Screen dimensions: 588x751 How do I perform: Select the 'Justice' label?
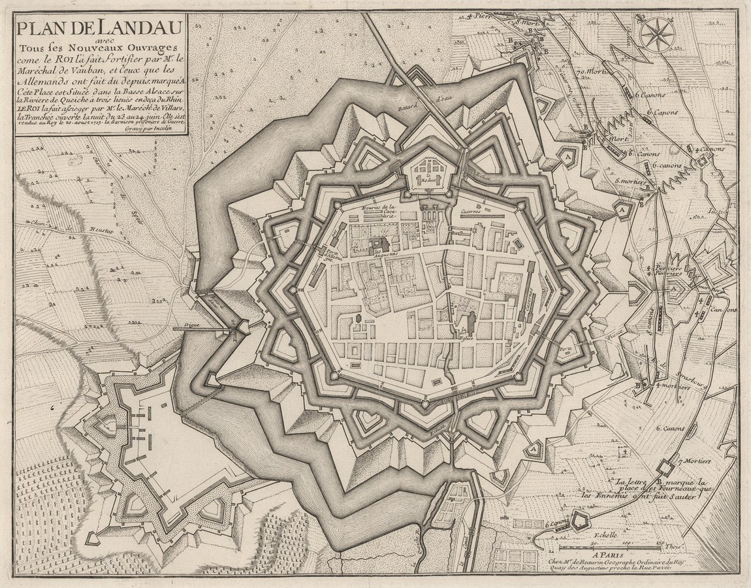click(x=718, y=212)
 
